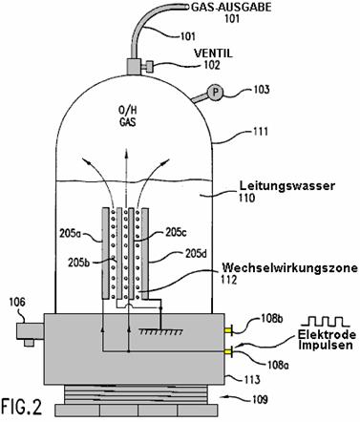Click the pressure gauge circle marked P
point(215,93)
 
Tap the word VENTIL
point(214,53)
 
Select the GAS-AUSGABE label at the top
point(231,7)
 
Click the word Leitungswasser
point(287,185)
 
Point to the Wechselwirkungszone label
point(289,268)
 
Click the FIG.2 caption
point(22,406)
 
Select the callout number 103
point(261,90)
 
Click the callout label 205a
point(71,234)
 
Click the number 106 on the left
point(17,302)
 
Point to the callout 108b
point(272,318)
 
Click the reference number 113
point(252,380)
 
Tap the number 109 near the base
point(260,399)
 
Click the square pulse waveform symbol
point(326,322)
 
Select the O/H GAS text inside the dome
point(128,116)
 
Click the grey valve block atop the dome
point(134,67)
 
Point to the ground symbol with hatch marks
point(160,332)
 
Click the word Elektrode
point(327,335)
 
